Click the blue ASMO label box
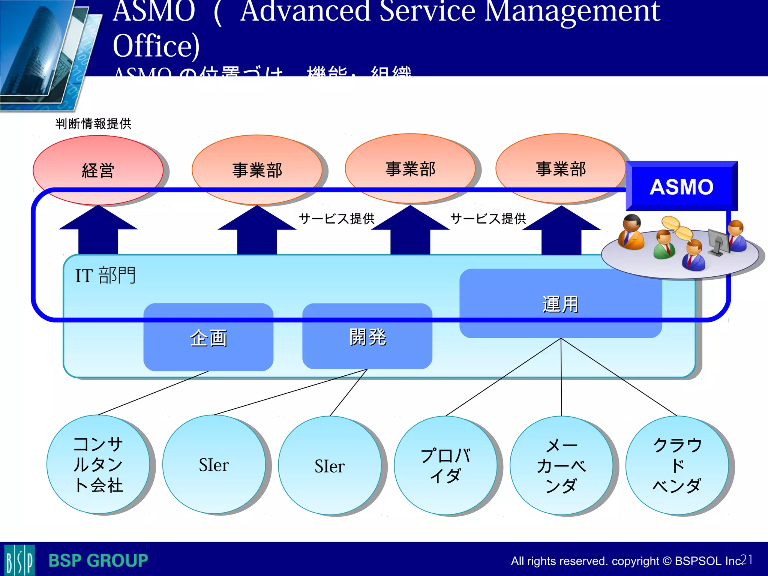click(681, 186)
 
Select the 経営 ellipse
click(98, 170)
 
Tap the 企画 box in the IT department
click(208, 337)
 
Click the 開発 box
click(367, 336)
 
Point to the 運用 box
click(560, 304)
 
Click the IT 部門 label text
click(105, 275)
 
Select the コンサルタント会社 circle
click(98, 464)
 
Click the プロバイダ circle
click(445, 465)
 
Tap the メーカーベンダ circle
click(561, 465)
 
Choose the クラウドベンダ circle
click(677, 465)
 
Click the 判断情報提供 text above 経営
click(93, 123)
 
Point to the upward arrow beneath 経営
click(98, 231)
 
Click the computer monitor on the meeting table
click(718, 241)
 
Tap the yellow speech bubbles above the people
click(677, 228)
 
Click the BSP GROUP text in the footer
click(98, 560)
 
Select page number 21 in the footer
click(746, 559)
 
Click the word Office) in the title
click(156, 46)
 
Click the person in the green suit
click(664, 244)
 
